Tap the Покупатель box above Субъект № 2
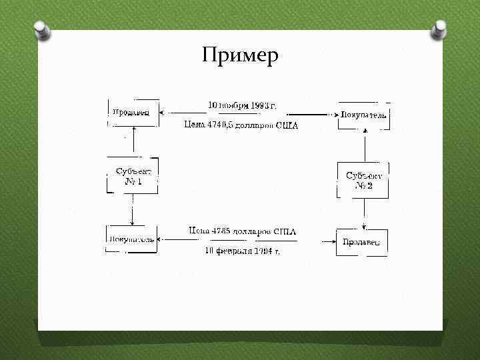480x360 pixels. (363, 115)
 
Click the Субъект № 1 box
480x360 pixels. (133, 176)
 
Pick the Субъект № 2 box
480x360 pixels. (363, 180)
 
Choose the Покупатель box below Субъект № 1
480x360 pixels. (131, 239)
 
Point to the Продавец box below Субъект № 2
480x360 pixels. (361, 242)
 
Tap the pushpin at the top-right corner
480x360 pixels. (440, 29)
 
